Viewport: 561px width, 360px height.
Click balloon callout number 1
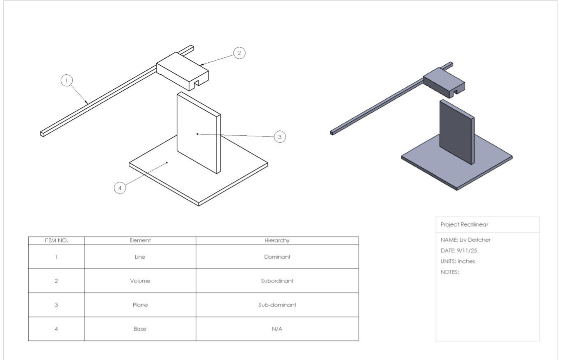tap(66, 80)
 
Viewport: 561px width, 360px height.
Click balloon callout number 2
tap(239, 53)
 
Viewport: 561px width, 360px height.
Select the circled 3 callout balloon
tap(280, 137)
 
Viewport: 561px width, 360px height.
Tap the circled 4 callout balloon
tap(120, 188)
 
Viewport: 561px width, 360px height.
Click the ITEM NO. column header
tap(56, 240)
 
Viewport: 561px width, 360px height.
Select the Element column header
tap(140, 240)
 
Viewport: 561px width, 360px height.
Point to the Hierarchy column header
tap(277, 240)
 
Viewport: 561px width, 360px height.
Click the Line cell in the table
tap(140, 257)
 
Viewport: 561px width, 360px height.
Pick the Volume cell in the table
tap(140, 281)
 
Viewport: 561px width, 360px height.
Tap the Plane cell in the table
tap(140, 305)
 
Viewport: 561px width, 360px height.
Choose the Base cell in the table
tap(140, 329)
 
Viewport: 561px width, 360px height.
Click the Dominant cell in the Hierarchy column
tap(277, 257)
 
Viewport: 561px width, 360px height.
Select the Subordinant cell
tap(277, 281)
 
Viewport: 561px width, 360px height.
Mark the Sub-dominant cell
tap(277, 305)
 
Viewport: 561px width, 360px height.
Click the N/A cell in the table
tap(277, 329)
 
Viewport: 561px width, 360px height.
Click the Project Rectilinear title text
tap(464, 225)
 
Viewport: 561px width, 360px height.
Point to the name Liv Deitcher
tap(475, 240)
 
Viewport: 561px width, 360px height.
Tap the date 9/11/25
tap(467, 251)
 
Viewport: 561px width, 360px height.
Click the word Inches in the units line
tap(466, 261)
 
